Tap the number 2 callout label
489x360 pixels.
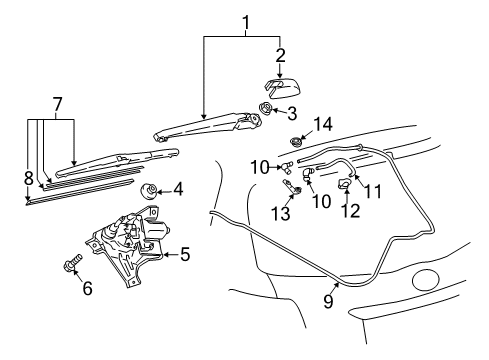pos(281,55)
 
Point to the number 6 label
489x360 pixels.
pos(87,289)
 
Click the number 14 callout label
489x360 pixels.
pos(320,125)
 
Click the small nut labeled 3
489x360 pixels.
pos(268,109)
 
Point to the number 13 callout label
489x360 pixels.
pos(284,212)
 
